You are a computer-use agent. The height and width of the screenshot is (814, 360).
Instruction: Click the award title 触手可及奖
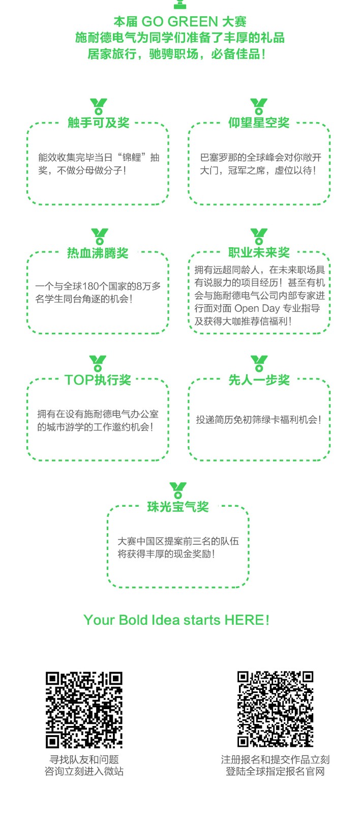point(99,123)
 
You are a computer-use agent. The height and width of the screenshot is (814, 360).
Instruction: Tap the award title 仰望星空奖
point(259,123)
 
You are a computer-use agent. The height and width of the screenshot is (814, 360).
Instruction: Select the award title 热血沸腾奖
point(98,253)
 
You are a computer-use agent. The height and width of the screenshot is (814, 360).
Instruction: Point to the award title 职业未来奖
point(259,252)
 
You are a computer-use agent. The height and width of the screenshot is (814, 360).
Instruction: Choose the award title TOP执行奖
point(98,380)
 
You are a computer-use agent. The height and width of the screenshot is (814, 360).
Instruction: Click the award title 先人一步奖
point(259,380)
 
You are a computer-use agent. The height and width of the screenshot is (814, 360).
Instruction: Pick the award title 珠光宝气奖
point(178,507)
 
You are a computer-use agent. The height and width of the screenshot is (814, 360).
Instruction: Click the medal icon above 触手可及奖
point(99,106)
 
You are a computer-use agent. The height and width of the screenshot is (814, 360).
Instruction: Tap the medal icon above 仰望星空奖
point(259,106)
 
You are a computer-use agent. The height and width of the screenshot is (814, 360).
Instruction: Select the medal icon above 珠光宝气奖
point(178,490)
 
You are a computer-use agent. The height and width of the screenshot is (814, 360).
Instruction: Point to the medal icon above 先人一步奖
point(259,363)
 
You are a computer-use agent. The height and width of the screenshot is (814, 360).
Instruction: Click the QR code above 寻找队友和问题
point(84,710)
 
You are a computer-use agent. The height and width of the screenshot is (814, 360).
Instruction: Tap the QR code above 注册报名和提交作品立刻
point(276,709)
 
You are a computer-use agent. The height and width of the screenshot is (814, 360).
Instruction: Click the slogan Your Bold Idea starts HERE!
point(176,620)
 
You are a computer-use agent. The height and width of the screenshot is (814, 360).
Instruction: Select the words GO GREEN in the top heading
point(179,22)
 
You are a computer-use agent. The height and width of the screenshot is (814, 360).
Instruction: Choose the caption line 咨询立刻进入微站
point(84,771)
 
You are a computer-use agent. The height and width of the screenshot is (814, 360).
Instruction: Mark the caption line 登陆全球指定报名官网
point(276,771)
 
